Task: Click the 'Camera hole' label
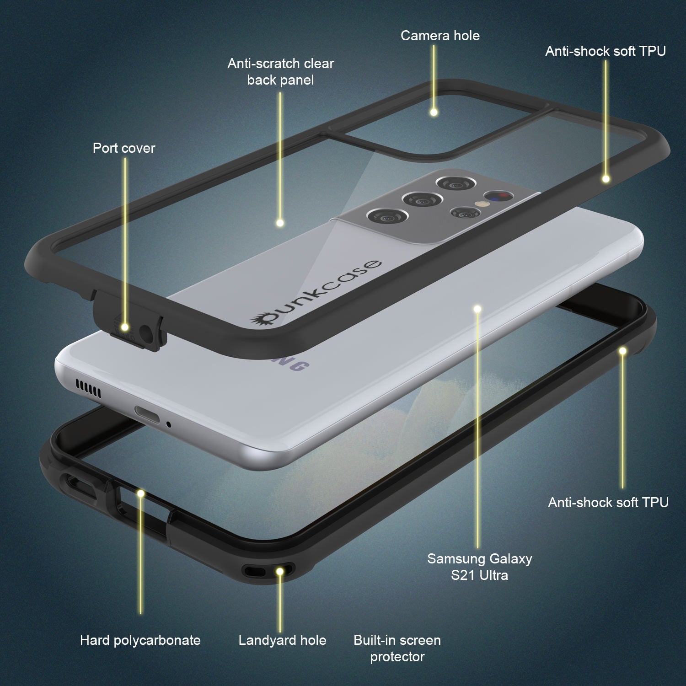pos(440,36)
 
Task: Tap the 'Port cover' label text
pos(124,148)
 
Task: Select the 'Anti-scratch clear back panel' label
pos(280,72)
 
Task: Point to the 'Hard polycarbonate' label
pos(140,640)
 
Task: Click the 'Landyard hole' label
pos(282,640)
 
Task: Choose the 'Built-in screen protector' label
pos(397,648)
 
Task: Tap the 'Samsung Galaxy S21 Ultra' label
pos(479,567)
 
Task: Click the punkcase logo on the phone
pos(316,293)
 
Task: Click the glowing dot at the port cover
pos(124,327)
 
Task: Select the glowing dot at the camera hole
pos(434,112)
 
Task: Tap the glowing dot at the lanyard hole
pos(280,571)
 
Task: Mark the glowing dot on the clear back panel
pos(280,223)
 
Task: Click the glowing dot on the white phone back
pos(477,309)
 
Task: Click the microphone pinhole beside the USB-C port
pos(169,425)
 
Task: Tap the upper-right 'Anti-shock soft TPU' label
pos(605,51)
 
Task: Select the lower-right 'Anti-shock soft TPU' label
pos(608,503)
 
